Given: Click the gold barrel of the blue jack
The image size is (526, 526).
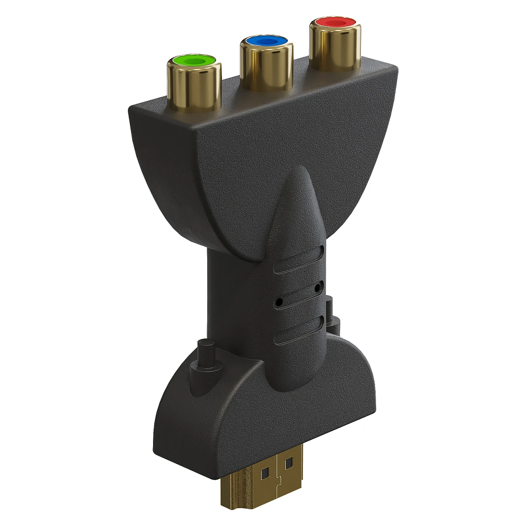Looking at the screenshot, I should click(266, 66).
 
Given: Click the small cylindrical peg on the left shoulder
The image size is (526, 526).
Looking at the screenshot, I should click(203, 355).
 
